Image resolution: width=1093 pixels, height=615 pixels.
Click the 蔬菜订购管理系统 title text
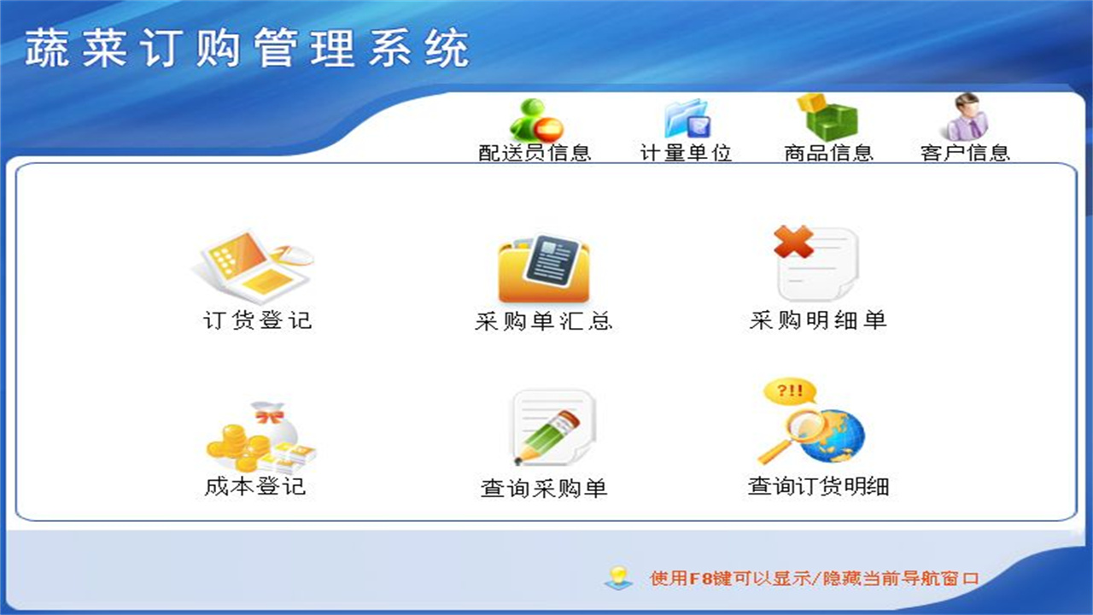(x=248, y=49)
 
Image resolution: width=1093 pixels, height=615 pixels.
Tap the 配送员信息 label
(x=535, y=153)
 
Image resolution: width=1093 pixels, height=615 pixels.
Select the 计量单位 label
(x=686, y=153)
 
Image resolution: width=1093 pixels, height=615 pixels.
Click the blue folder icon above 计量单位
(x=687, y=119)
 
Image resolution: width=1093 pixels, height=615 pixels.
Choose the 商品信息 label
(x=828, y=153)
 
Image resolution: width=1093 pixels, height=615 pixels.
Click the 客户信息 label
(x=965, y=153)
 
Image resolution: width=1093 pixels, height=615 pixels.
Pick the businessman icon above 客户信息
(x=966, y=117)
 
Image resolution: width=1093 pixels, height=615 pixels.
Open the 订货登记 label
(x=258, y=321)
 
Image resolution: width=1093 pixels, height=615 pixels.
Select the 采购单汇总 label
(x=544, y=321)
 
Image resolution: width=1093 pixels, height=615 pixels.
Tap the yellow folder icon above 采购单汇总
(x=544, y=268)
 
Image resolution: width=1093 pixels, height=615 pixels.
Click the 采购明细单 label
(x=818, y=320)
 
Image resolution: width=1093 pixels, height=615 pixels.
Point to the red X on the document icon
(x=793, y=243)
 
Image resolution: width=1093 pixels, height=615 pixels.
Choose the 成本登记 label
(x=255, y=487)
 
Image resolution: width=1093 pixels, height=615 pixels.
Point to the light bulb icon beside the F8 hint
(x=618, y=577)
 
